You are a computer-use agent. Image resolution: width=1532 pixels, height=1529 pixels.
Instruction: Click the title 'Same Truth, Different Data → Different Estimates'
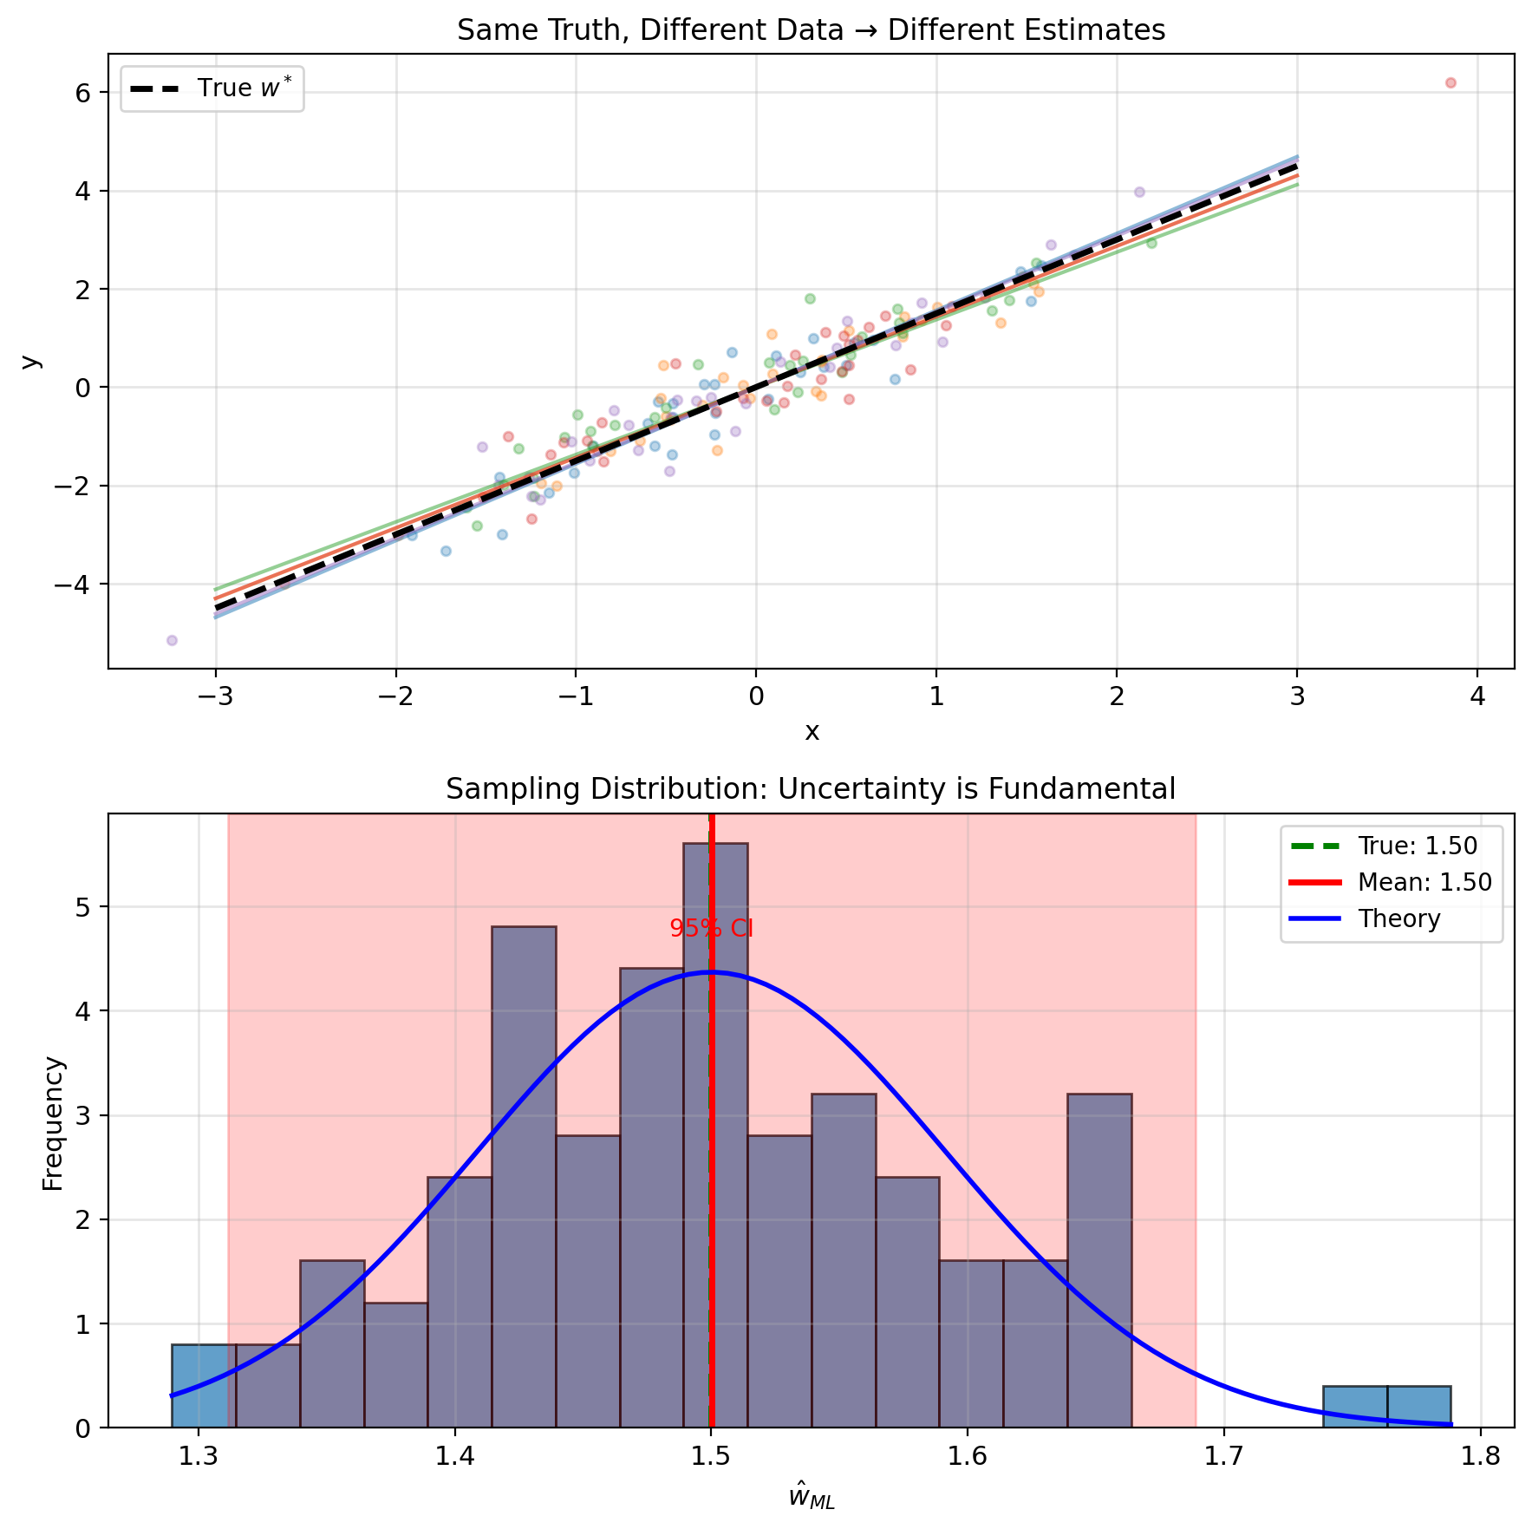(811, 30)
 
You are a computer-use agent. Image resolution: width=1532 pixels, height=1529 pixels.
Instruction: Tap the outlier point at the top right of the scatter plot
(1451, 83)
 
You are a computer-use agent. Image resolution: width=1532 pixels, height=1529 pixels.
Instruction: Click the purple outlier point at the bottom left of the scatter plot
(172, 640)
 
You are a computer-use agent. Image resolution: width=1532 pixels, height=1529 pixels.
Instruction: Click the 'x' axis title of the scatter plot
(812, 732)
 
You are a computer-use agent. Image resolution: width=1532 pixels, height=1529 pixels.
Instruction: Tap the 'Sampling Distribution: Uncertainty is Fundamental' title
(811, 789)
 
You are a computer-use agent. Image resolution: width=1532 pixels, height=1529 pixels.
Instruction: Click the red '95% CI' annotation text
(712, 929)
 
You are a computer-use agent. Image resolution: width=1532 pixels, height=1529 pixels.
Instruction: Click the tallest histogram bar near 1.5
(715, 1127)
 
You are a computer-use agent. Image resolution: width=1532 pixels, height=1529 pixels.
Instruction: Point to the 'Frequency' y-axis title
(54, 1122)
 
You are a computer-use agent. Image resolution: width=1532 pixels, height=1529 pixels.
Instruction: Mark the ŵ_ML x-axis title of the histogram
(812, 1497)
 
